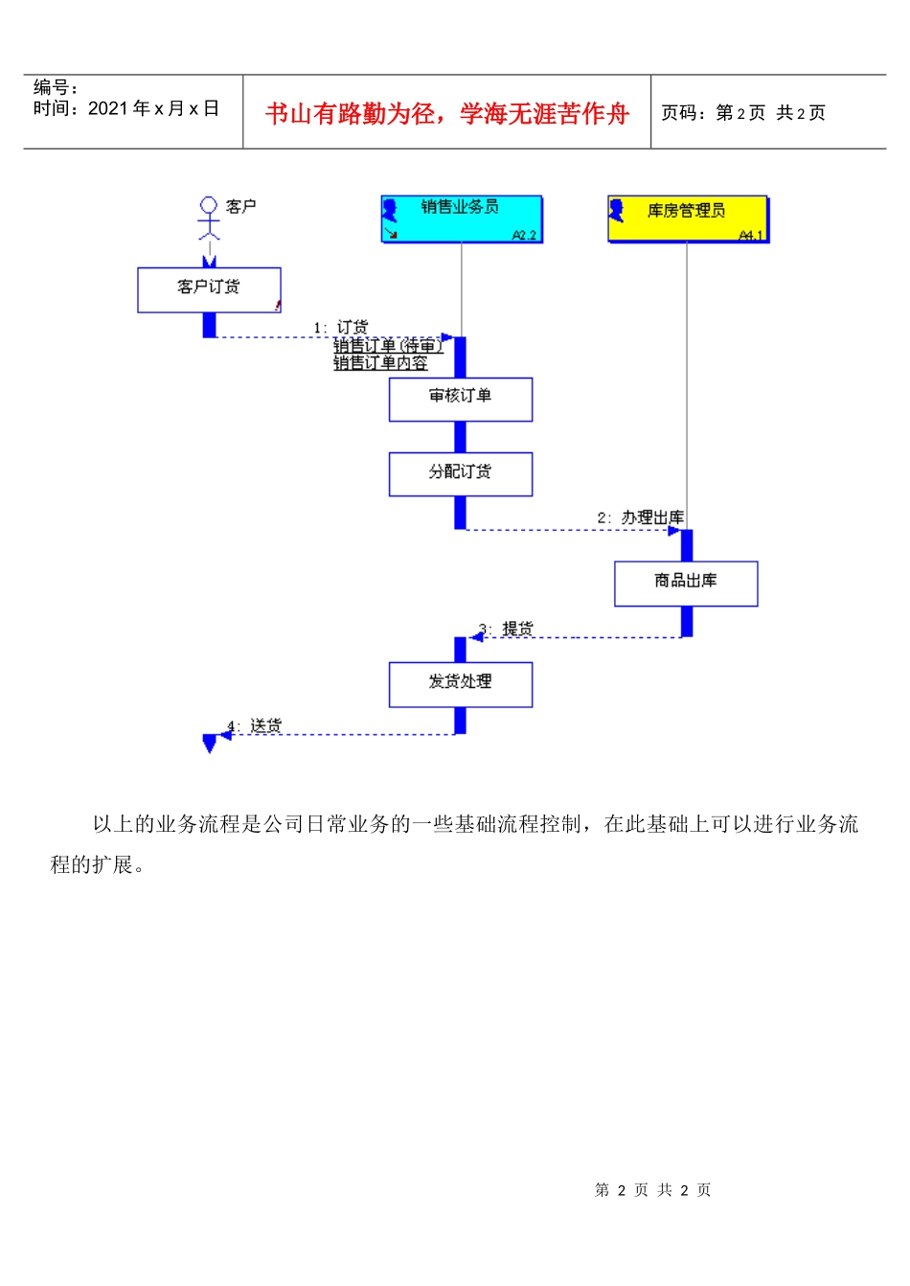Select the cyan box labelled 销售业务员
(462, 218)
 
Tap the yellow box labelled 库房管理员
(688, 218)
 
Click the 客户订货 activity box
(209, 289)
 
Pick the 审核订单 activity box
(460, 399)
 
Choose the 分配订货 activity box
(460, 473)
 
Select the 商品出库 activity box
(686, 583)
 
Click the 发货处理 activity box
(460, 684)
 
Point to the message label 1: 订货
(340, 328)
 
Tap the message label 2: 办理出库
(640, 517)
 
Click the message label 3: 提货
(507, 629)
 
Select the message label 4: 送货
(255, 726)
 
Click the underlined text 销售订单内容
(380, 363)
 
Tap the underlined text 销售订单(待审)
(388, 346)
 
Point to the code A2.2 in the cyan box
(524, 235)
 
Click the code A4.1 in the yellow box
(751, 235)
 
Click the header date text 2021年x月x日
(153, 109)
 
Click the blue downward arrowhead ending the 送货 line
(210, 744)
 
